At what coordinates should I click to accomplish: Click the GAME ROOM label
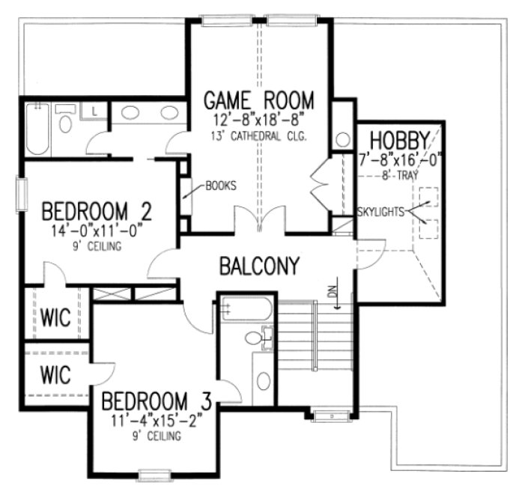258,100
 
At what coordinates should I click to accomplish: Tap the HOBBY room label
399,140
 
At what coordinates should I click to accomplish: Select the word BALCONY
259,265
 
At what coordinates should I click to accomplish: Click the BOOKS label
221,186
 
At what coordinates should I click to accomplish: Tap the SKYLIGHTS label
380,211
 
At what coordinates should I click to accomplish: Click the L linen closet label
94,112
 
